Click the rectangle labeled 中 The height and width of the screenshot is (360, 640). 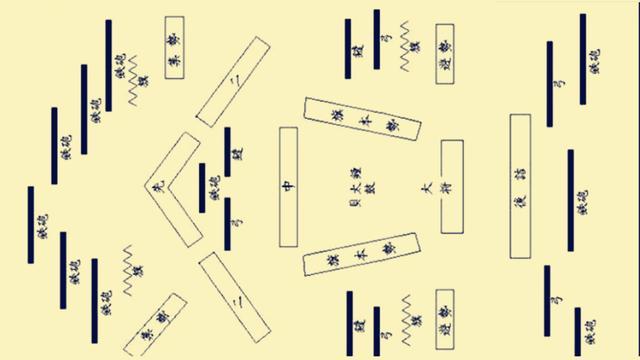(x=289, y=186)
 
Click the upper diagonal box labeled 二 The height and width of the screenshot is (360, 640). (x=233, y=80)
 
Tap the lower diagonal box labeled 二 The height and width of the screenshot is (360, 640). (x=234, y=298)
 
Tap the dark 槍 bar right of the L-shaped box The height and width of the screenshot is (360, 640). (x=227, y=152)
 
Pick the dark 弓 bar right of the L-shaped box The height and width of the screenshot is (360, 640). (x=227, y=223)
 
